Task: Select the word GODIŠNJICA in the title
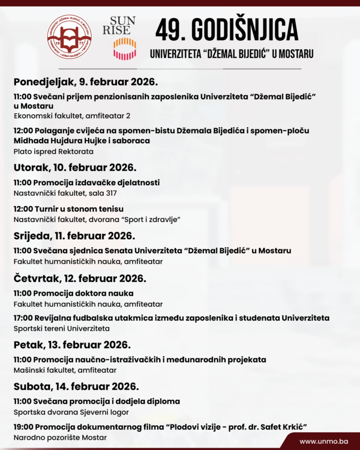(x=246, y=29)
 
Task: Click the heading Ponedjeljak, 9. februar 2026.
(x=85, y=82)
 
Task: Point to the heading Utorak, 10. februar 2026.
(x=74, y=167)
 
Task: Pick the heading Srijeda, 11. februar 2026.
(x=74, y=236)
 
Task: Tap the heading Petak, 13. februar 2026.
(x=72, y=344)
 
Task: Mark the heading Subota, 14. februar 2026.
(x=76, y=386)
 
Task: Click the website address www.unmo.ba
(x=324, y=441)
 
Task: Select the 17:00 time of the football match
(x=23, y=318)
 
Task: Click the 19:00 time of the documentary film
(x=23, y=427)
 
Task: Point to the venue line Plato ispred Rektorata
(x=53, y=152)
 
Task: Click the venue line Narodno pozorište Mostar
(x=60, y=438)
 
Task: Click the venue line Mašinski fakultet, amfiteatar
(x=65, y=370)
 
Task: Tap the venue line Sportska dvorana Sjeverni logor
(x=71, y=412)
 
